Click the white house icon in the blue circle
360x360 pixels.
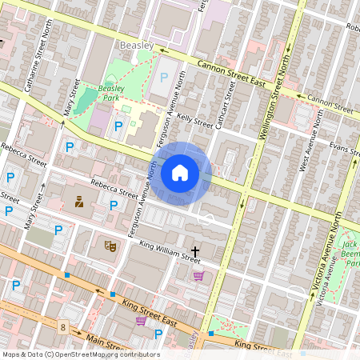tap(180, 172)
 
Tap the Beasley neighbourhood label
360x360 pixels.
tap(136, 46)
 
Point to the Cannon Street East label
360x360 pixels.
tap(233, 70)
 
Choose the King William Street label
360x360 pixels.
tap(170, 253)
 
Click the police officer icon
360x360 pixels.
tap(79, 202)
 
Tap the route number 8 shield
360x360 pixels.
tap(62, 326)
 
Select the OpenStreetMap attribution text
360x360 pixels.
tap(80, 354)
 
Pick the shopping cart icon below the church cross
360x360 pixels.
tap(198, 276)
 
